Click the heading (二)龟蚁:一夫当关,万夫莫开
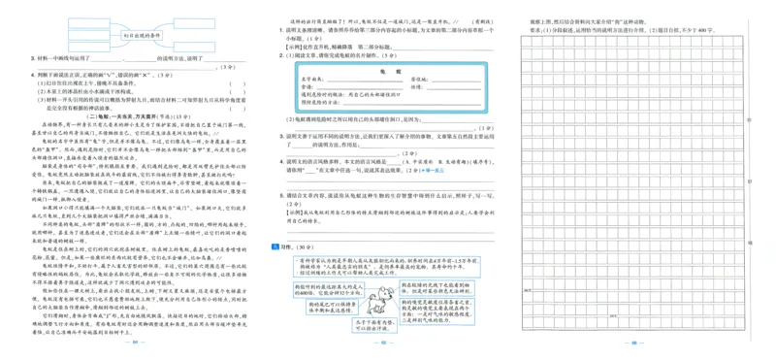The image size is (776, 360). point(135,115)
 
